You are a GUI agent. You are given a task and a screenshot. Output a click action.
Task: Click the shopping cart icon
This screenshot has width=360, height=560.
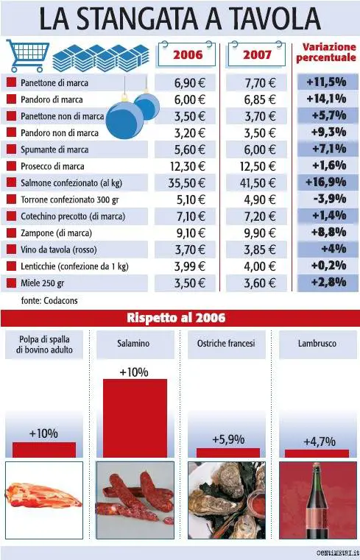pyautogui.click(x=27, y=54)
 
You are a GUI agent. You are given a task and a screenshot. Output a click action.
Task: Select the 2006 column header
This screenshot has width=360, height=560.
pyautogui.click(x=188, y=54)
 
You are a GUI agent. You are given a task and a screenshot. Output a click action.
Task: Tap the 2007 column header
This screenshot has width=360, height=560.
pyautogui.click(x=258, y=54)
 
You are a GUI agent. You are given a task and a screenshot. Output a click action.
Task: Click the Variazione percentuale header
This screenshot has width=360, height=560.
pyautogui.click(x=328, y=52)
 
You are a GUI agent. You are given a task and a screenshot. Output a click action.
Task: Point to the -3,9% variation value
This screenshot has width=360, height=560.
pyautogui.click(x=328, y=199)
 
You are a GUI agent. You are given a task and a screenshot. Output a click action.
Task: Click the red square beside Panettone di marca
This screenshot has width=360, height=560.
pyautogui.click(x=11, y=82)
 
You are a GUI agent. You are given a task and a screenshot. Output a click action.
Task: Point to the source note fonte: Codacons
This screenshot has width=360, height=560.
pyautogui.click(x=49, y=301)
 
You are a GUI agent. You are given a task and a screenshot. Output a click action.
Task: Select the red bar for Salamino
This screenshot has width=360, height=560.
pyautogui.click(x=134, y=418)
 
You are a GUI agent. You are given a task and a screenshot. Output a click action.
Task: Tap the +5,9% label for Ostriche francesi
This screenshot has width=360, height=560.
pyautogui.click(x=228, y=439)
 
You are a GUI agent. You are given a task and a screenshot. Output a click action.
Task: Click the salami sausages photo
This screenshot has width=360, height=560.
pyautogui.click(x=135, y=500)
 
